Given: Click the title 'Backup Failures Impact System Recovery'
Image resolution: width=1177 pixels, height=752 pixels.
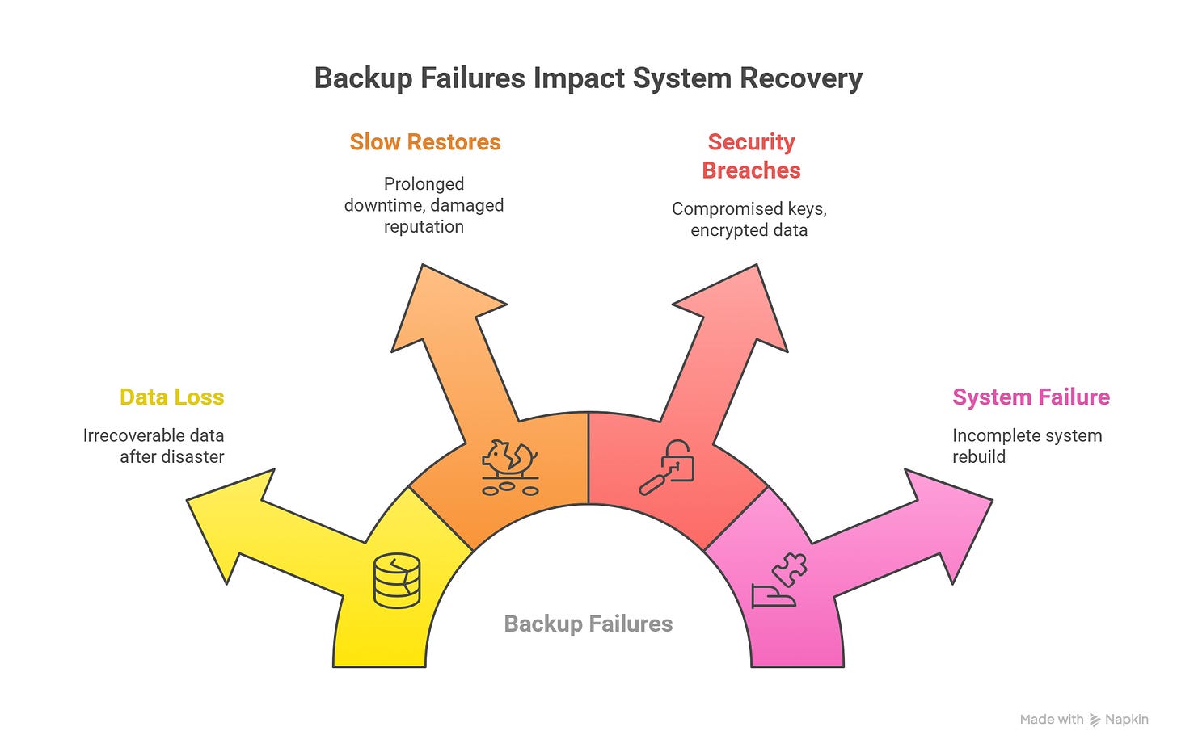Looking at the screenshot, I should [x=588, y=78].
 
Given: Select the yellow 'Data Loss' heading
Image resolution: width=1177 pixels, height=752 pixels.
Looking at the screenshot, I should [x=171, y=397].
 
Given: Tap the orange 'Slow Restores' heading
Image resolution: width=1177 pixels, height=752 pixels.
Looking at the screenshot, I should [x=425, y=142].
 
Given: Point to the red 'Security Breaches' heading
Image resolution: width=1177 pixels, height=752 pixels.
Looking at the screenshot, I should [x=751, y=156].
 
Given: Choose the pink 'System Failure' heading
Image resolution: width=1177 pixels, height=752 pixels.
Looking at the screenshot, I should [x=1031, y=397].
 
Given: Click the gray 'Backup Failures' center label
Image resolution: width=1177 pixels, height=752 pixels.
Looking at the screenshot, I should [x=588, y=624].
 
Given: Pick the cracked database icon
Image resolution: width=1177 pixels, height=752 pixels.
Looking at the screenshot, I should [x=397, y=580].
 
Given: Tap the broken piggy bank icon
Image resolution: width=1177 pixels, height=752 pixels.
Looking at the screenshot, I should [x=510, y=468].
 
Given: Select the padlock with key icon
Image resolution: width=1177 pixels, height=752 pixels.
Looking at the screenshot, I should [x=668, y=466].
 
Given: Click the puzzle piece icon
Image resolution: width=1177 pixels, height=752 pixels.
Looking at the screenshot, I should [x=788, y=569].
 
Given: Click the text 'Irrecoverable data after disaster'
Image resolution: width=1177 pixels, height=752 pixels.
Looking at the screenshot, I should [x=154, y=446].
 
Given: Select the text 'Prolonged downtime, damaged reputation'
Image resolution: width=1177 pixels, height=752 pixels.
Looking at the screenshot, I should [x=424, y=205].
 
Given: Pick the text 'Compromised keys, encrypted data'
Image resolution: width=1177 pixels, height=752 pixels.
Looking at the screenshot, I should [x=749, y=220].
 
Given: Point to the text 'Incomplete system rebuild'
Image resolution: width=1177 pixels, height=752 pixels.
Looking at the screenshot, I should [x=1027, y=446].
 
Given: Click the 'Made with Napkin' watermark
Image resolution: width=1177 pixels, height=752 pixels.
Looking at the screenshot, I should [x=1084, y=719].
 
